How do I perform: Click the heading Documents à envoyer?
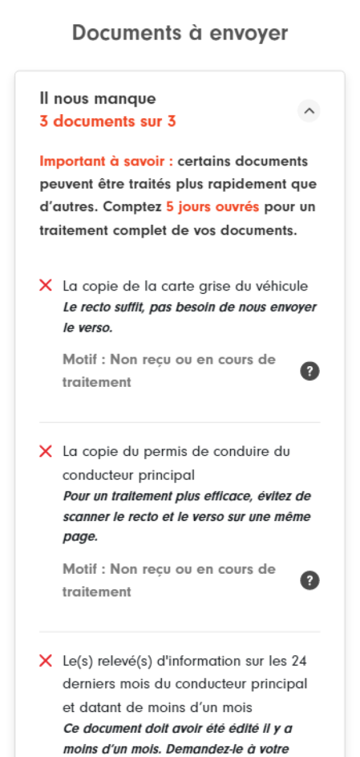[x=180, y=33]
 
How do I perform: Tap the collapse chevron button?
[x=309, y=111]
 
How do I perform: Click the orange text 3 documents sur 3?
[x=108, y=122]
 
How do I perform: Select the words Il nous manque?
[x=98, y=99]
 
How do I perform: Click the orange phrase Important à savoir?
[x=106, y=161]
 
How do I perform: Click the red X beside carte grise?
[x=46, y=286]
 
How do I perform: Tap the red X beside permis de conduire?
[x=46, y=451]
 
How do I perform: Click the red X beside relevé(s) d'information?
[x=46, y=661]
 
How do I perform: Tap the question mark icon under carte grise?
[x=310, y=371]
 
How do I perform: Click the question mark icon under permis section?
[x=310, y=581]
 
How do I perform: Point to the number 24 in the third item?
[x=299, y=661]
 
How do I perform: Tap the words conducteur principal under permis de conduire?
[x=128, y=475]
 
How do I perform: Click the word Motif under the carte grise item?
[x=80, y=360]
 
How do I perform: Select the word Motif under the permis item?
[x=80, y=569]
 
